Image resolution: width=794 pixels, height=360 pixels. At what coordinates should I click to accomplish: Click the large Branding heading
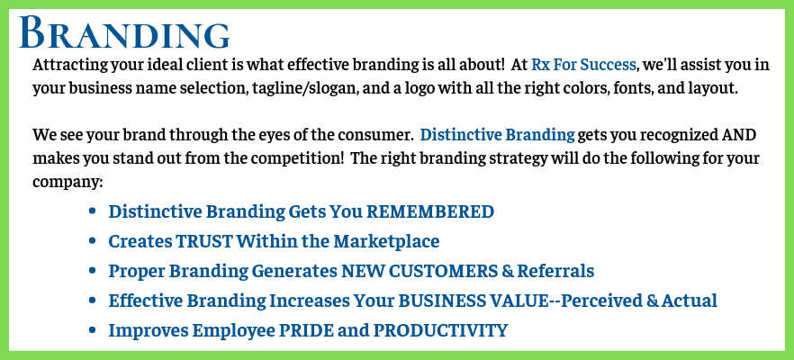tap(124, 33)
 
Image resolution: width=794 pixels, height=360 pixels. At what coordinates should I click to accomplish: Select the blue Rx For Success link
tap(583, 65)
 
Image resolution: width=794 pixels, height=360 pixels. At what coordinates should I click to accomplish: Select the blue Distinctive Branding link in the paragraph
tap(497, 136)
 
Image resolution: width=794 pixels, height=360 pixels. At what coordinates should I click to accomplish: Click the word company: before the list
tap(68, 183)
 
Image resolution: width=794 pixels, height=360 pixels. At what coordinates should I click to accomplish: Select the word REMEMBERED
tap(430, 211)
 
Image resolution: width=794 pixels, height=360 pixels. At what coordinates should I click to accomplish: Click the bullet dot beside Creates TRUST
tap(92, 241)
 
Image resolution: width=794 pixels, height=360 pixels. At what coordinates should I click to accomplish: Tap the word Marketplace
tap(386, 241)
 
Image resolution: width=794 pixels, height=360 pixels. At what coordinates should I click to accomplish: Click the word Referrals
tap(555, 271)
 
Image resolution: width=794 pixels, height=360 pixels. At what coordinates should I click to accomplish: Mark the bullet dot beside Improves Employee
tap(92, 330)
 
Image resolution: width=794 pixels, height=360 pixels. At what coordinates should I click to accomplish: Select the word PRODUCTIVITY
tap(440, 330)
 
